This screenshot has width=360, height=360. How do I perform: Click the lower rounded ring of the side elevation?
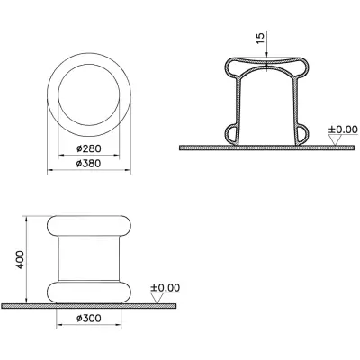90,292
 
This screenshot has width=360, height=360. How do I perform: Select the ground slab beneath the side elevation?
90,307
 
